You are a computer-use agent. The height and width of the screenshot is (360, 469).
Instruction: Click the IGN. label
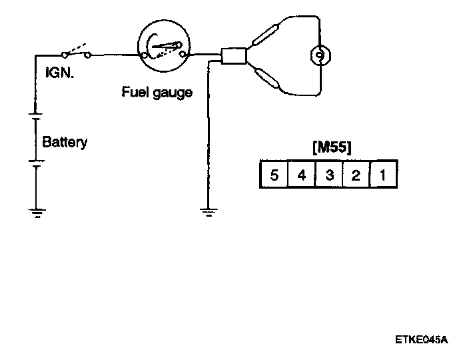[x=59, y=71]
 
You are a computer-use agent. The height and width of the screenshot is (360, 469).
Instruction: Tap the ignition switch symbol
[x=77, y=52]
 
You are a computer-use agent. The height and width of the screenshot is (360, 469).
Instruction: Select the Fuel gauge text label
[x=157, y=92]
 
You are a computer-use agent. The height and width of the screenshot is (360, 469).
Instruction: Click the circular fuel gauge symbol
[x=164, y=46]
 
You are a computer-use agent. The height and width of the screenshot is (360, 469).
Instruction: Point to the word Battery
[x=65, y=142]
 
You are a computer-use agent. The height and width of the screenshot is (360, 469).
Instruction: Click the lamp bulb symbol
[x=320, y=55]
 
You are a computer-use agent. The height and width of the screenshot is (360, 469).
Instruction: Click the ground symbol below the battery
[x=35, y=213]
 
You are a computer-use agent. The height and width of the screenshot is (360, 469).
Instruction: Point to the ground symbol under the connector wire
[x=208, y=213]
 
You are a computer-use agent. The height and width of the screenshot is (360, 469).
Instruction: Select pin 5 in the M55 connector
[x=274, y=175]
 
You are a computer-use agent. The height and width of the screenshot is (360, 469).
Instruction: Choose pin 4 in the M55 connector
[x=301, y=175]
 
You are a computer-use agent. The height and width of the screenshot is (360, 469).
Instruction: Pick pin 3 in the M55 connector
[x=328, y=175]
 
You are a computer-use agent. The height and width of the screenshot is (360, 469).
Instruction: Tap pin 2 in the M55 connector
[x=356, y=175]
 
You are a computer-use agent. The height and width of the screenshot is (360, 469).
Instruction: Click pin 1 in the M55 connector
[x=383, y=175]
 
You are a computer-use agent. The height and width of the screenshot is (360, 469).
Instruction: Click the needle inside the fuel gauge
[x=167, y=45]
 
